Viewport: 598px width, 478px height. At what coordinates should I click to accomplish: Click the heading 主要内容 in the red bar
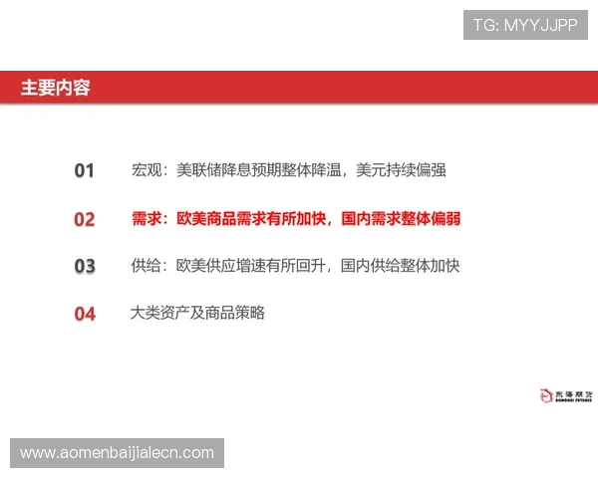point(55,88)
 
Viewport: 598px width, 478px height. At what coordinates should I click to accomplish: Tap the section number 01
point(85,171)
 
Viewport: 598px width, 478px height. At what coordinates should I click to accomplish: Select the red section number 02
point(85,219)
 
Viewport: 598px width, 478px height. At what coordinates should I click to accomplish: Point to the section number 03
point(85,267)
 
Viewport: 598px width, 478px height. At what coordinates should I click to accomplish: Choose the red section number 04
point(85,315)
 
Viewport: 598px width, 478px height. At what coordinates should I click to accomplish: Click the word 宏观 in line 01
point(146,170)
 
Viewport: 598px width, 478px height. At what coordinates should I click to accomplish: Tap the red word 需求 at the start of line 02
point(147,218)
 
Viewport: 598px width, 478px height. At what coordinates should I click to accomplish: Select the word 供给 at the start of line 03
point(146,266)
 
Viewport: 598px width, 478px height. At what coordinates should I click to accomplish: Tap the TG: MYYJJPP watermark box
point(525,25)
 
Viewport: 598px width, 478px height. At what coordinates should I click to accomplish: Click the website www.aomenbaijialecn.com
point(118,453)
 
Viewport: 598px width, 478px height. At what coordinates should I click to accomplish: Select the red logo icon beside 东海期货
point(545,396)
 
